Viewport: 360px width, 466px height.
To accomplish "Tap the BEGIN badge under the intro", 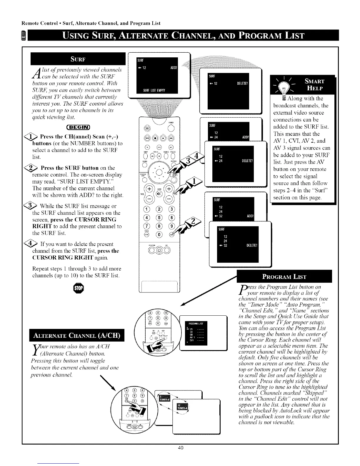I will click(x=79, y=127).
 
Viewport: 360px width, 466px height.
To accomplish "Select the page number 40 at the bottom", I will click(x=181, y=456).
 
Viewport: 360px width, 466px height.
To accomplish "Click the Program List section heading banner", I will click(x=284, y=277).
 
